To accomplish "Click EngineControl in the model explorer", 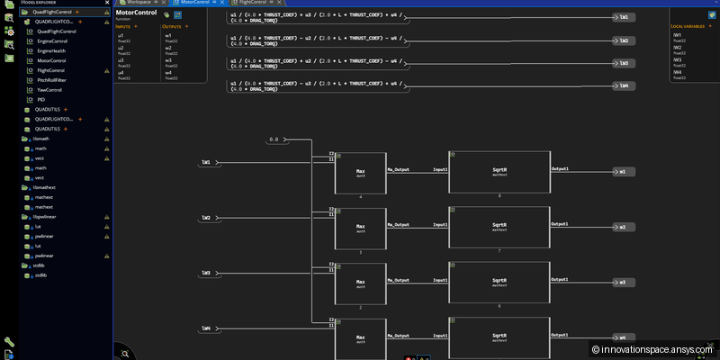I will click(52, 41).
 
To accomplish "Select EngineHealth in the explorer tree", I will click(51, 51).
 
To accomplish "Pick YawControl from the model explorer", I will click(49, 90).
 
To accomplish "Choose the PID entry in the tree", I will click(40, 100).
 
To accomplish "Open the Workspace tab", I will click(139, 3).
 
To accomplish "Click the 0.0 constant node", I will click(275, 139).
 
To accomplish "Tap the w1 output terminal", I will click(622, 171).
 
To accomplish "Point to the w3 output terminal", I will click(622, 282).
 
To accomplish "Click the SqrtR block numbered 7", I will click(499, 227).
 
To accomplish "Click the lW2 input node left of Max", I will click(206, 218).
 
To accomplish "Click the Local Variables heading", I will click(688, 26).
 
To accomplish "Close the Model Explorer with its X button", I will click(105, 3).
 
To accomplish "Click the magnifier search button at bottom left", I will click(125, 353).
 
